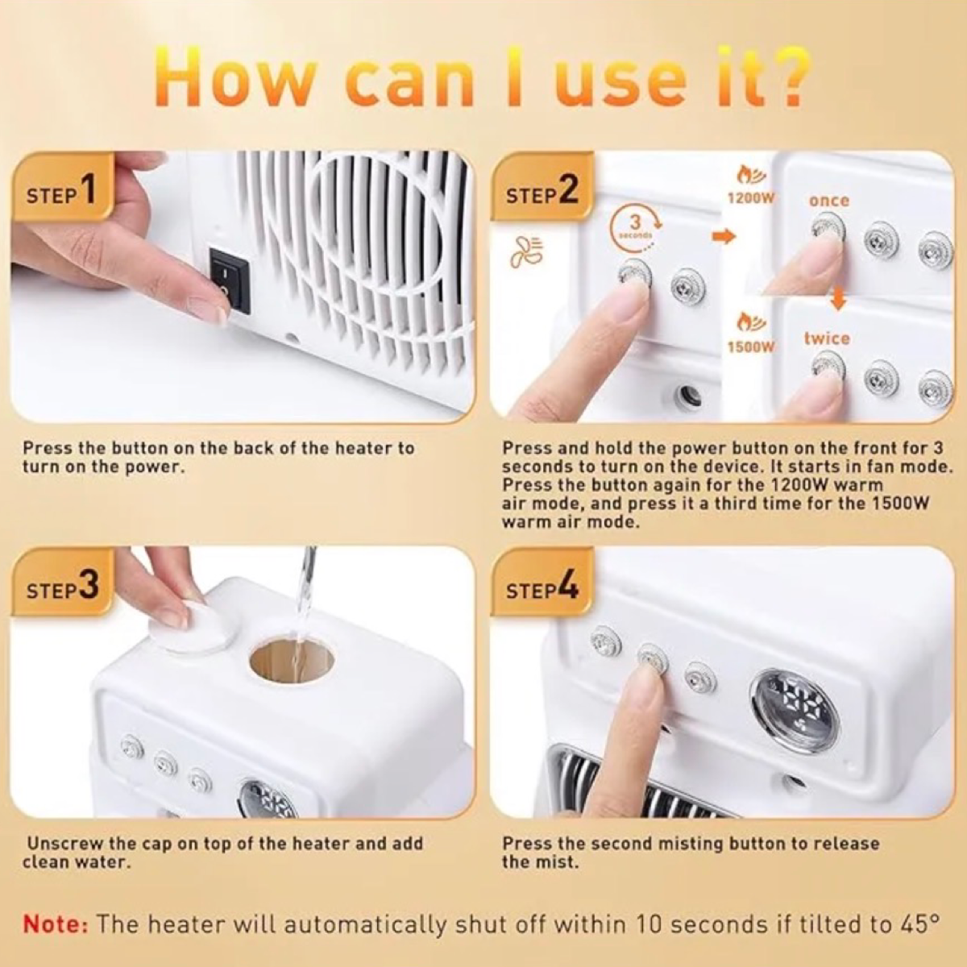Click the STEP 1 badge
pyautogui.click(x=61, y=192)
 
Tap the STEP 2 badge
pyautogui.click(x=542, y=192)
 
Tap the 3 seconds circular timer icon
pyautogui.click(x=635, y=227)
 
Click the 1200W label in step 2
pyautogui.click(x=750, y=197)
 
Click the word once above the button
pyautogui.click(x=829, y=200)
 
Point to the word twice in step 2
pyautogui.click(x=826, y=338)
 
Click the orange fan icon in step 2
pyautogui.click(x=523, y=253)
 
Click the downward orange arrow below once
pyautogui.click(x=839, y=298)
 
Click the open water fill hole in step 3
pyautogui.click(x=291, y=660)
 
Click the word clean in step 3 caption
pyautogui.click(x=47, y=862)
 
